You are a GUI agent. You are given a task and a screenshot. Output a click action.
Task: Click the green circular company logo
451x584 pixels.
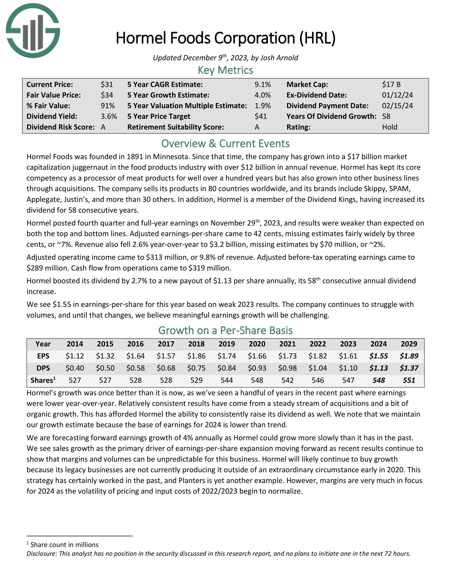coord(33,31)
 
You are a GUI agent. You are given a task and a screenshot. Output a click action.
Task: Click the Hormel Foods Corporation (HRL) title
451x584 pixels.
coord(225,38)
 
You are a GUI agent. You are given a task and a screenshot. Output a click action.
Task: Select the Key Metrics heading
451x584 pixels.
coord(225,70)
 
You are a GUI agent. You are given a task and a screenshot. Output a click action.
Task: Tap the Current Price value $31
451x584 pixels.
coord(107,84)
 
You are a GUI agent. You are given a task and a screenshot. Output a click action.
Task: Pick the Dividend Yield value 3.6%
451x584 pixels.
coord(109,116)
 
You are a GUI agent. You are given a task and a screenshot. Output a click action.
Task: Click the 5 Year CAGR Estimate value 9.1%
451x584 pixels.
coord(262,84)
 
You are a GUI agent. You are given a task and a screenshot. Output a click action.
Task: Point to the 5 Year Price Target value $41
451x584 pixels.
coord(261,116)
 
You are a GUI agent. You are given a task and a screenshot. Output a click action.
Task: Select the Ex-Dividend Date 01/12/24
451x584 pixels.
coord(397,95)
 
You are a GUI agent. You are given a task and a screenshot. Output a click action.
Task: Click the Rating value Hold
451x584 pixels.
coord(389,127)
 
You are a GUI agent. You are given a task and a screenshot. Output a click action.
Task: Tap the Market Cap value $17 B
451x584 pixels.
coord(391,84)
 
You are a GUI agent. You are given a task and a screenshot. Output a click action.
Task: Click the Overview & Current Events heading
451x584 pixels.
coord(225,144)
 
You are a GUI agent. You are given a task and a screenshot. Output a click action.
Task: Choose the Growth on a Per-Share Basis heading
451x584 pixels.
coord(225,330)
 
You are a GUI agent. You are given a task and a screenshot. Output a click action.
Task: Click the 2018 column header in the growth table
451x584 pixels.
coord(196,344)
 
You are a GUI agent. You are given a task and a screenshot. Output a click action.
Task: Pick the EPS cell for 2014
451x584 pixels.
coord(75,356)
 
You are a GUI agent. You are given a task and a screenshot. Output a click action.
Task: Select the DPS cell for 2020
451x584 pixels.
coord(257,368)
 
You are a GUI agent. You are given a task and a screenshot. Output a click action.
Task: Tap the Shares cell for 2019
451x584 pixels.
coord(227,380)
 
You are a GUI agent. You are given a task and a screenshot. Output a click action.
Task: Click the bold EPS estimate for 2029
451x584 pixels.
coord(409,356)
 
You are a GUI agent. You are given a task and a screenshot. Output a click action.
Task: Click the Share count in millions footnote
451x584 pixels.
coord(64,545)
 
